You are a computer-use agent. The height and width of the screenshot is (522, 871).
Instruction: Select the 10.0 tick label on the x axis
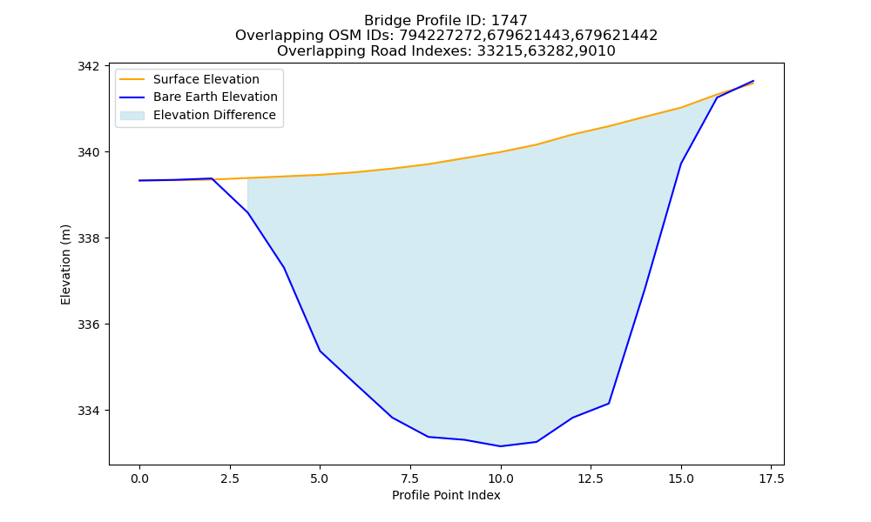(501, 478)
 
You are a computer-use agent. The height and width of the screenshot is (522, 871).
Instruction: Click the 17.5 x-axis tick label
(771, 478)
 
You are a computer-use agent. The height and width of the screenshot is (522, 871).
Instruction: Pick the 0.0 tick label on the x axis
(139, 478)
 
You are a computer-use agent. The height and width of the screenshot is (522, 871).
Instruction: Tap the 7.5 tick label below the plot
(410, 478)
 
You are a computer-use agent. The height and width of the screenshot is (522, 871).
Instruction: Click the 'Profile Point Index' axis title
(446, 495)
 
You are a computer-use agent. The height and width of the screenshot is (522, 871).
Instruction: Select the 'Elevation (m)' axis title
(65, 264)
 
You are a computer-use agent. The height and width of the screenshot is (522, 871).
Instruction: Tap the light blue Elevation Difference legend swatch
(132, 116)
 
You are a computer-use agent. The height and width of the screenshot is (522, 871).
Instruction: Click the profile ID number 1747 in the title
(510, 21)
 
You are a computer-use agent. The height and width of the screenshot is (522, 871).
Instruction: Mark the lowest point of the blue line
(501, 446)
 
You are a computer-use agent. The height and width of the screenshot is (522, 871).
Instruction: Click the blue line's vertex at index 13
(609, 404)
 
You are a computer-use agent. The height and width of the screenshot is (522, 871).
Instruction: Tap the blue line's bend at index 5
(320, 351)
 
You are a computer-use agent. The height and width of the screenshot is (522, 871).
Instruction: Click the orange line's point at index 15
(681, 108)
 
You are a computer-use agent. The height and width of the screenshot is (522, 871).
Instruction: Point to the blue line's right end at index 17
(753, 81)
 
